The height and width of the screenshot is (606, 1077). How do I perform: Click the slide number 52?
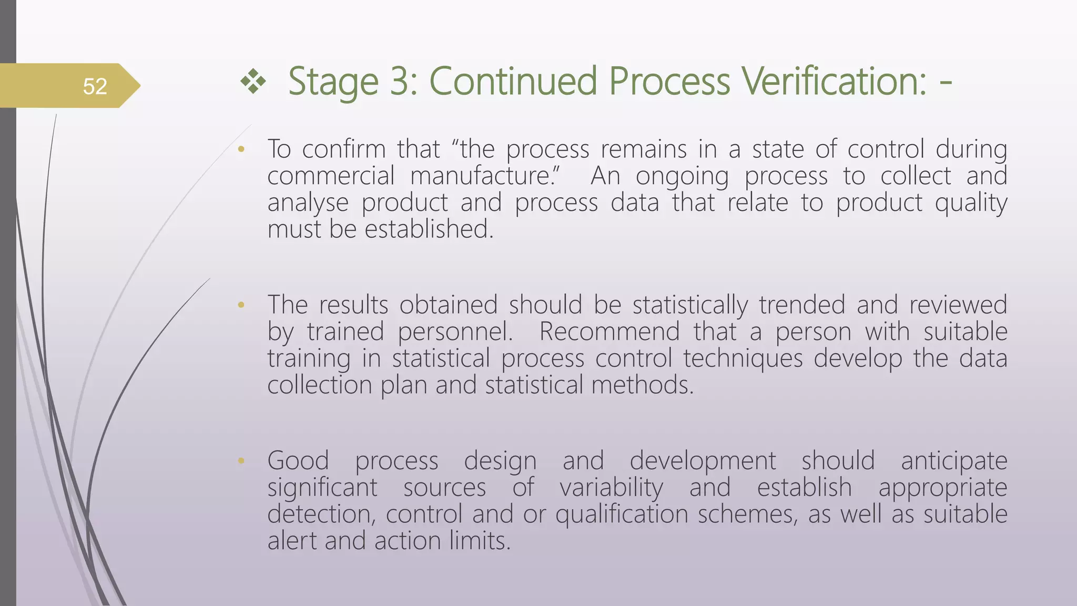(95, 86)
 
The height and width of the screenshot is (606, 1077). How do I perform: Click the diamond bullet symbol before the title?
(253, 82)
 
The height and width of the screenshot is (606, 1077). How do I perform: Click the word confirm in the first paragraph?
(344, 149)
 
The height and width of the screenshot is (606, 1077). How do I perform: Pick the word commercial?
(330, 176)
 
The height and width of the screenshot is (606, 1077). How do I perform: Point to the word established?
(429, 230)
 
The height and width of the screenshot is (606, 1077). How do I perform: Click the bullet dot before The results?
(241, 305)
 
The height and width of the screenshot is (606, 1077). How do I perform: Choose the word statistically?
(689, 306)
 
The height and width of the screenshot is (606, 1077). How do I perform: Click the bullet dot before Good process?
(241, 461)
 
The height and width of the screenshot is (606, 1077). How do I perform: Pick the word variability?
(611, 488)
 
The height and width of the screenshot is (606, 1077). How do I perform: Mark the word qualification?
(622, 514)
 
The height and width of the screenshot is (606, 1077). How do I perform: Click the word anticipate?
(954, 462)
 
